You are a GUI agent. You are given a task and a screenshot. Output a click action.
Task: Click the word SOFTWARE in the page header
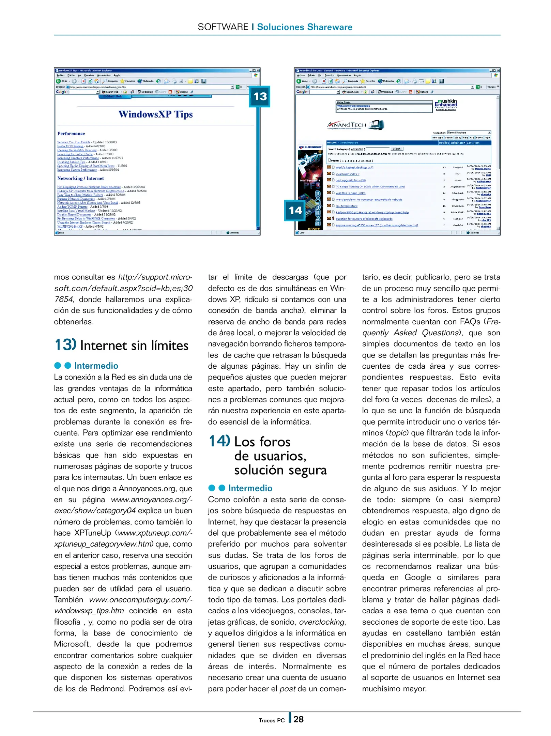pyautogui.click(x=223, y=27)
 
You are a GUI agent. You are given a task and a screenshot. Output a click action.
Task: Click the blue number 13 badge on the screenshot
pyautogui.click(x=260, y=96)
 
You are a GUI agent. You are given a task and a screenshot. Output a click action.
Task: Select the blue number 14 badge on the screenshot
pyautogui.click(x=295, y=210)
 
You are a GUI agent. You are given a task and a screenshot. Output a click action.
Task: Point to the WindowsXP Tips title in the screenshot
pyautogui.click(x=155, y=114)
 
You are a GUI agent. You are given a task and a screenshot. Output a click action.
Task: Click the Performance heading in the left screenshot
pyautogui.click(x=71, y=134)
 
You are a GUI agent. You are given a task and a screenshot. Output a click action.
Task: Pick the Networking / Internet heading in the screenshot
pyautogui.click(x=80, y=178)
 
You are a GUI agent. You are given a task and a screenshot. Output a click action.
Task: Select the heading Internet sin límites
pyautogui.click(x=134, y=346)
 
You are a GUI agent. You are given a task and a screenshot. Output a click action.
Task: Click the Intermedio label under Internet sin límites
pyautogui.click(x=96, y=366)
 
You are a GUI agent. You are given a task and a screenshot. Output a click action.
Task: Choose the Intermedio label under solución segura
pyautogui.click(x=250, y=488)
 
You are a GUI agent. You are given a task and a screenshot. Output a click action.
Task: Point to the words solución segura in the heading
pyautogui.click(x=280, y=470)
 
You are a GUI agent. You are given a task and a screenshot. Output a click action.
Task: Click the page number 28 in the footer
pyautogui.click(x=299, y=719)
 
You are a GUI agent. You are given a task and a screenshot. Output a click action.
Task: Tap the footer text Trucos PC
pyautogui.click(x=272, y=720)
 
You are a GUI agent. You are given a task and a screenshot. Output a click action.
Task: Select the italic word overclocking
pyautogui.click(x=322, y=622)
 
